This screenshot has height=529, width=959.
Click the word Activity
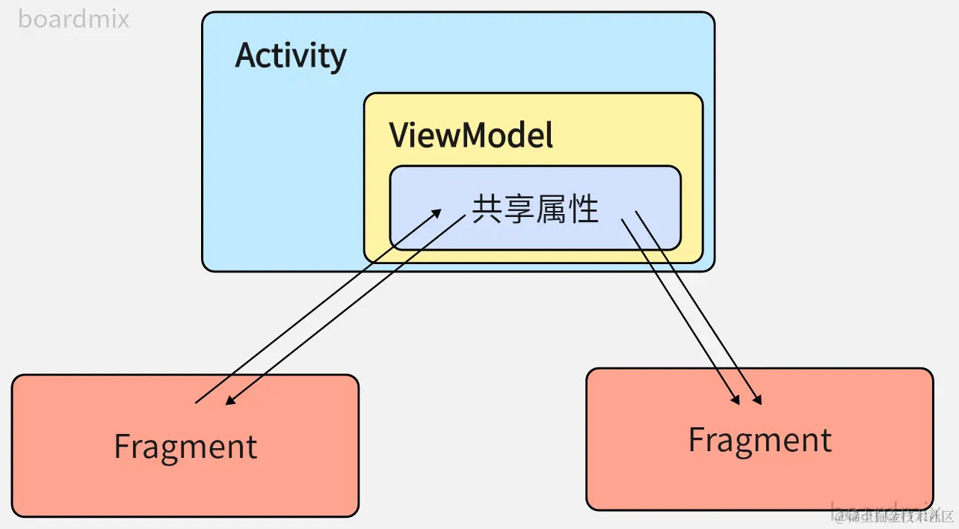click(x=291, y=56)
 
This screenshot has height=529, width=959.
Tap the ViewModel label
click(x=471, y=135)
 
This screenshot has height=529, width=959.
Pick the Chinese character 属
click(x=552, y=209)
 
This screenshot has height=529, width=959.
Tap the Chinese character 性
click(x=584, y=209)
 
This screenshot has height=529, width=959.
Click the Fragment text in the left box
click(x=185, y=447)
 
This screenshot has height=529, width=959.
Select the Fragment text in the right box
click(x=759, y=440)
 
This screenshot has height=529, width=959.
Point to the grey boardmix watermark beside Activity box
click(x=73, y=19)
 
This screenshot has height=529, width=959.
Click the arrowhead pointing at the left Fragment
click(x=229, y=403)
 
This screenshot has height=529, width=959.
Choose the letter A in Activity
click(x=246, y=55)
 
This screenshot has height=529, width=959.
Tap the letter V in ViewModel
click(x=398, y=135)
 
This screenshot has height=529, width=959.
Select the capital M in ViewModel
click(x=478, y=135)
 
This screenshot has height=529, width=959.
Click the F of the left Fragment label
click(x=122, y=447)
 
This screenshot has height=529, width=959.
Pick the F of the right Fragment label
click(x=696, y=439)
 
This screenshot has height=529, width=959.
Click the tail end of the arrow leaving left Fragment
click(x=197, y=403)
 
